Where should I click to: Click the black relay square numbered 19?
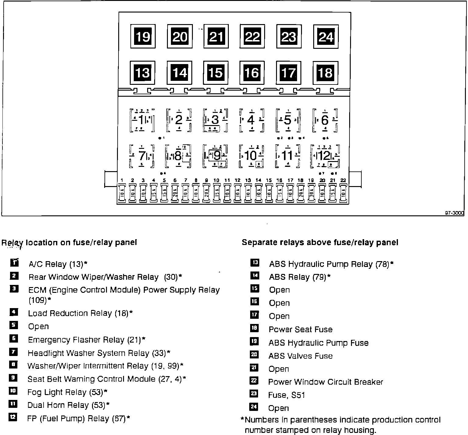[143, 37]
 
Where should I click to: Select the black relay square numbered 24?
[326, 37]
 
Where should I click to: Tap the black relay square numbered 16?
[252, 73]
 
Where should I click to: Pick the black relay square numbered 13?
[143, 73]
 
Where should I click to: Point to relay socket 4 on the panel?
[251, 120]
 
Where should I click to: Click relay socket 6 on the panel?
[325, 120]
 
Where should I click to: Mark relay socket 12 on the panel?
[325, 156]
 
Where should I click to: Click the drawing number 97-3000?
[454, 213]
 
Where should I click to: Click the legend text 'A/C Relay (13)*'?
[58, 264]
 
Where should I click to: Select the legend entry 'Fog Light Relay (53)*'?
[67, 392]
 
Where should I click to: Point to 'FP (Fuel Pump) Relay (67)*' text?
[79, 419]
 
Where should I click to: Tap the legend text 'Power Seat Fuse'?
[300, 329]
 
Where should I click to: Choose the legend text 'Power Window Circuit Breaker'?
[325, 382]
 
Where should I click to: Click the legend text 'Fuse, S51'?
[286, 395]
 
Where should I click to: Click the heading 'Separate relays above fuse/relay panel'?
[320, 243]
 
